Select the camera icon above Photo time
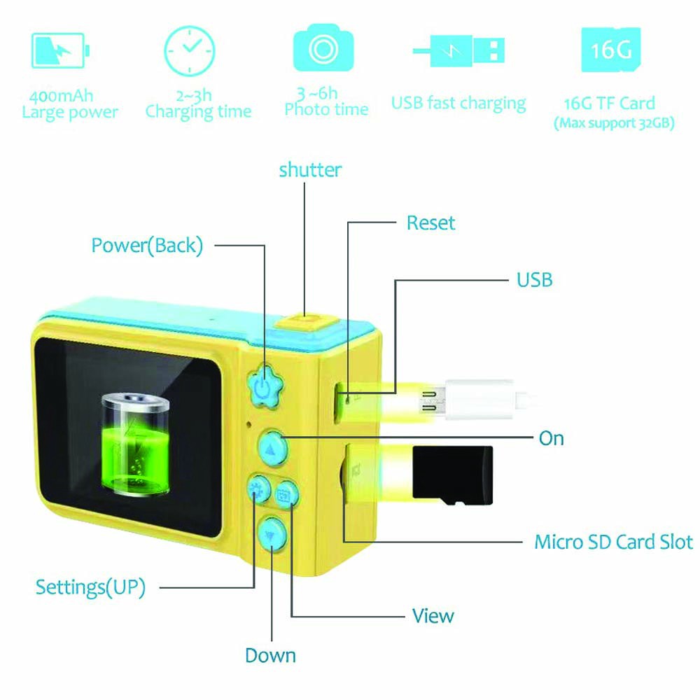(x=323, y=49)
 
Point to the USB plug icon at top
(x=459, y=50)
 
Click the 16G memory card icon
(x=611, y=50)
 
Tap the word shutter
(x=310, y=169)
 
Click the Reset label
(x=430, y=223)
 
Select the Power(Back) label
(x=147, y=246)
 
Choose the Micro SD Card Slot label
(x=613, y=542)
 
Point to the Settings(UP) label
(x=90, y=587)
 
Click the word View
(x=433, y=616)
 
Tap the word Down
(x=270, y=656)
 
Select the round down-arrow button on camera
(x=271, y=535)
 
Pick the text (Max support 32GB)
(x=614, y=125)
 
